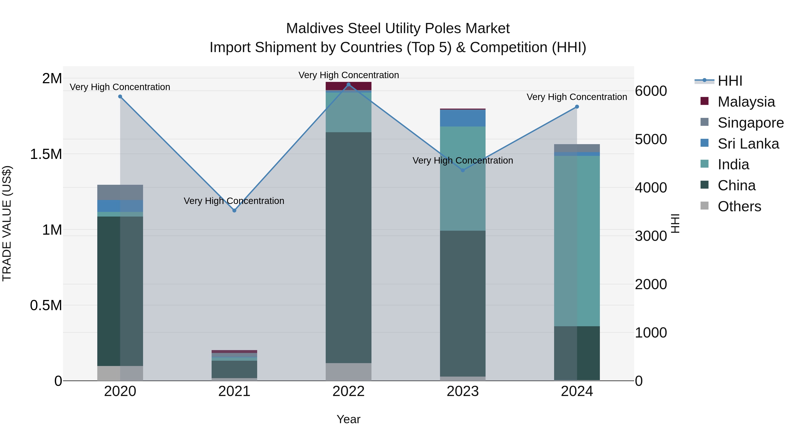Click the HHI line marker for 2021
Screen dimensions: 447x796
click(x=234, y=210)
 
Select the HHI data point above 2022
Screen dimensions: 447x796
click(x=348, y=84)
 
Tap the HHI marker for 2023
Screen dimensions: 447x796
click(x=463, y=170)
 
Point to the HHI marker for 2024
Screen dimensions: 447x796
click(x=577, y=107)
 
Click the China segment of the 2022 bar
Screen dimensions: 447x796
click(x=348, y=247)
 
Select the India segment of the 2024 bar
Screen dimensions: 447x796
click(x=577, y=241)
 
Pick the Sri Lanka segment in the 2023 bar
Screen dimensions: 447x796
click(x=463, y=118)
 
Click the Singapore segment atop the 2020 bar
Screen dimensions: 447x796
click(x=120, y=192)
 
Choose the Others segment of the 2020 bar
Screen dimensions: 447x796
click(x=120, y=373)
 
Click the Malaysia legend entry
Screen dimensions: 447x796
click(x=746, y=102)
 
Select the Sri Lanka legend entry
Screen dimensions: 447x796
click(x=748, y=144)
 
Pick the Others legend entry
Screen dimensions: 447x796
click(x=739, y=206)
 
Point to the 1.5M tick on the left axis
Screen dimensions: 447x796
click(x=46, y=154)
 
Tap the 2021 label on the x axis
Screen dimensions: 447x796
click(x=234, y=391)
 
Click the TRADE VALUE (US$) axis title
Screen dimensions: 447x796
click(x=7, y=223)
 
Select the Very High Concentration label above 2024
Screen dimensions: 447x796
click(x=577, y=97)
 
